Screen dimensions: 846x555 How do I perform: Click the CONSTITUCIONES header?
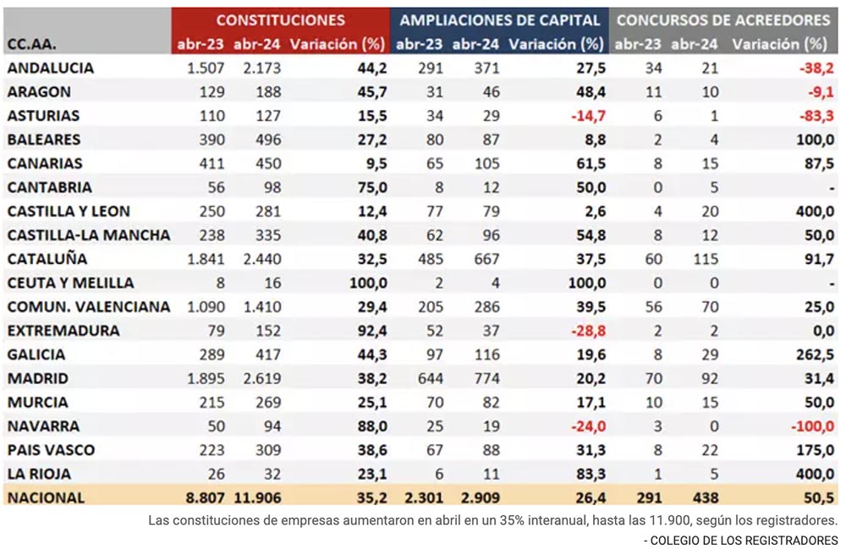[281, 20]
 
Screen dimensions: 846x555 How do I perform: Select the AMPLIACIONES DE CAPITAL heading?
[500, 20]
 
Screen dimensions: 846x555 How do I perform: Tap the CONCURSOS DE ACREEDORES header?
[723, 20]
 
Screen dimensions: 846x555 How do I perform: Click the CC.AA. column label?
[32, 44]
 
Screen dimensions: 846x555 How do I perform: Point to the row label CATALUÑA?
[47, 259]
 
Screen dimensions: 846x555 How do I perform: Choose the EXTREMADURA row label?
[63, 331]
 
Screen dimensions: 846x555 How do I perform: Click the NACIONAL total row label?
[46, 497]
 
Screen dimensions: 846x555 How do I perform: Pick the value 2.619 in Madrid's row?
[262, 379]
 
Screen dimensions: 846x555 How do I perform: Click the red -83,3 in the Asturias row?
[816, 116]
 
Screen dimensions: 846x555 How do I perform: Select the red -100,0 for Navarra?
[812, 426]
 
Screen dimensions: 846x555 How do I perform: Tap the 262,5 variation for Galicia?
[816, 354]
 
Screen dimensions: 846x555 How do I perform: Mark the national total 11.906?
[257, 497]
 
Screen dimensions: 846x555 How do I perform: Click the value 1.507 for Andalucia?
[206, 68]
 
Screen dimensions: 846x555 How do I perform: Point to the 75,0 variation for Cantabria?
[372, 188]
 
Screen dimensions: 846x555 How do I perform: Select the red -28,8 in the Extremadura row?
[588, 331]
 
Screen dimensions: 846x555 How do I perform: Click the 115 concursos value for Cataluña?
[706, 259]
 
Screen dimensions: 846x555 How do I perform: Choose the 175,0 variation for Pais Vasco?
[816, 450]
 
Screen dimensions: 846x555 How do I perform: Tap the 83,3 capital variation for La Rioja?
[591, 474]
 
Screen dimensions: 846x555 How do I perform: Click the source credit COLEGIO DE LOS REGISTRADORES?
[744, 541]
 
